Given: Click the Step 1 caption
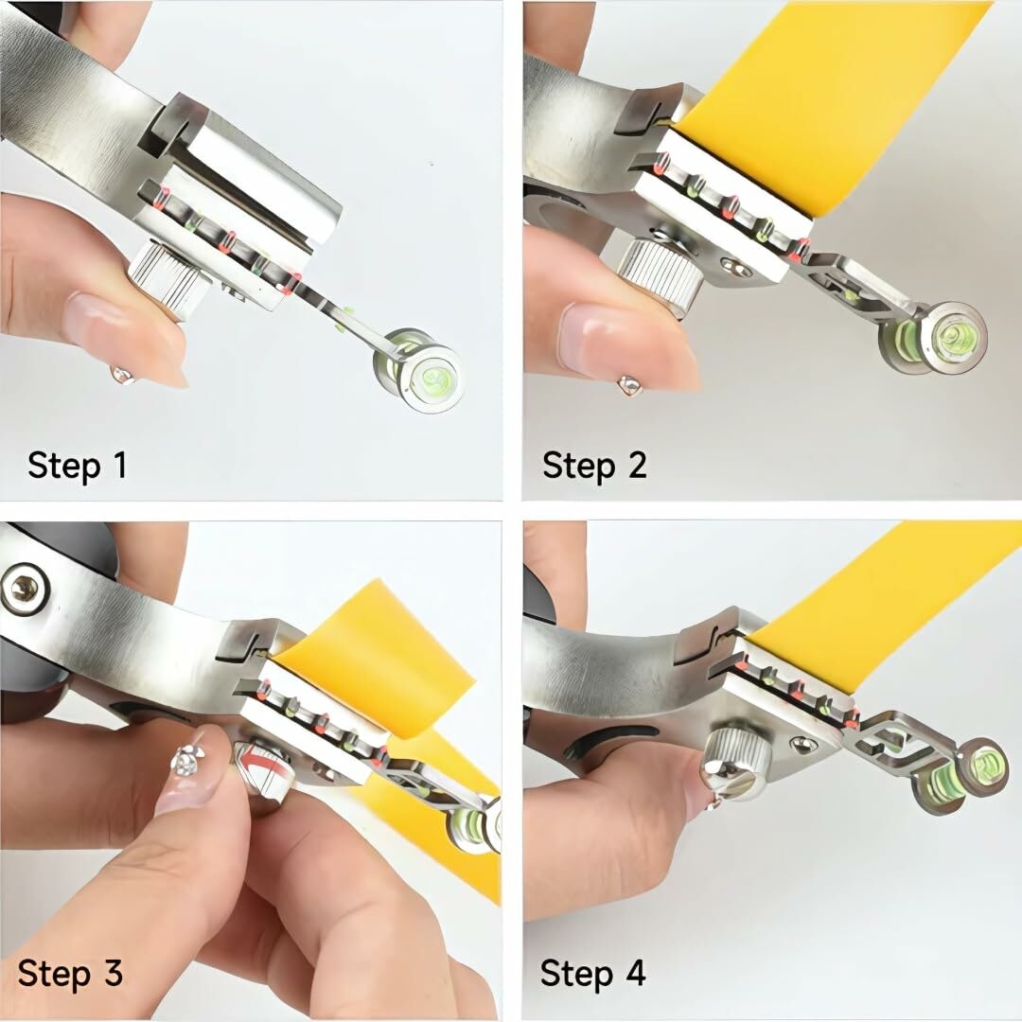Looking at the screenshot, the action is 77,466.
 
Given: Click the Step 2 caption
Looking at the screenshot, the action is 594,466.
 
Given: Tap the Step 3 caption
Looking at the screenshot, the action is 70,973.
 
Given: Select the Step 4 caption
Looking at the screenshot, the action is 592,973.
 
